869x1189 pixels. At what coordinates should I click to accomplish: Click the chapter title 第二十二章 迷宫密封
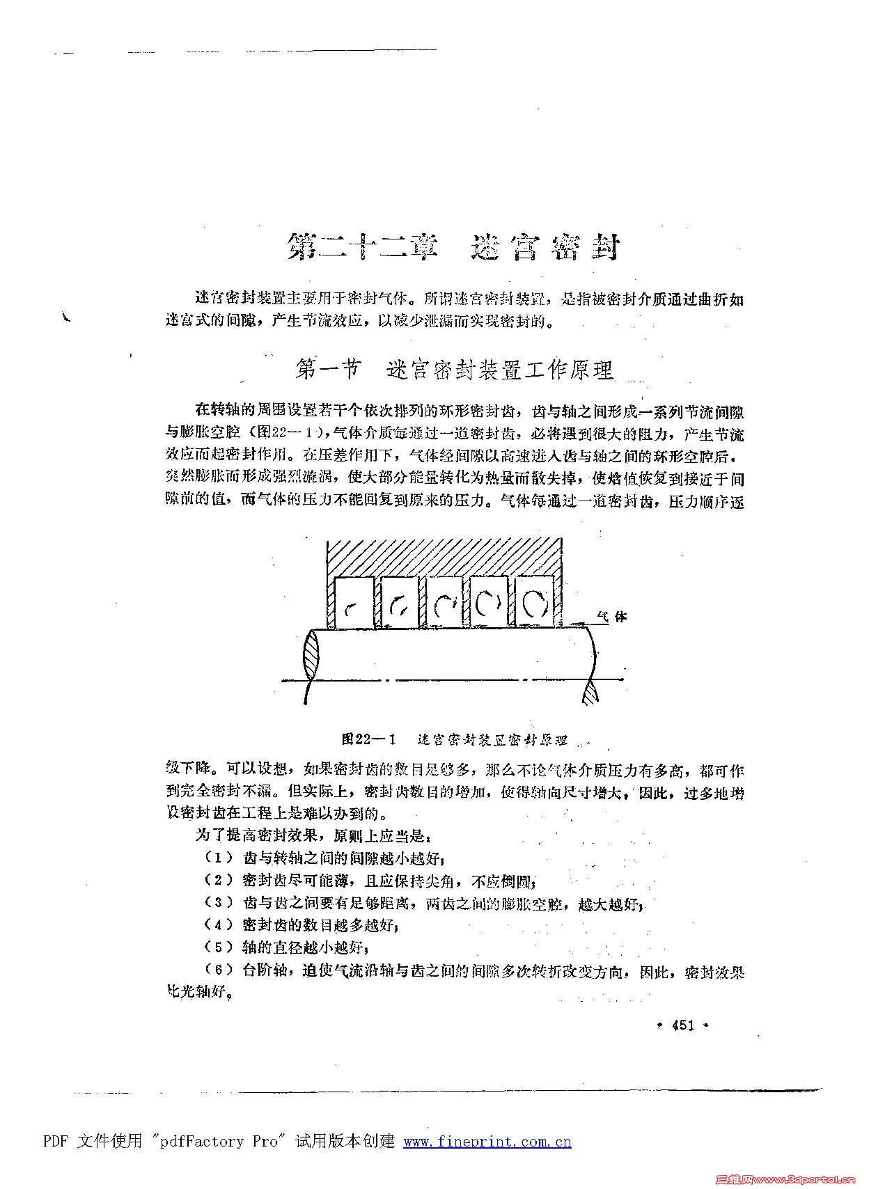[453, 247]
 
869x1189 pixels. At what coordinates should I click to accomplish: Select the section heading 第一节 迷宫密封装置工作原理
[454, 370]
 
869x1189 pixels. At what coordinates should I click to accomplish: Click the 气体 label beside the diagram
[612, 617]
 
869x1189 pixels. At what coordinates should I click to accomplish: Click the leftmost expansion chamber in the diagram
[354, 603]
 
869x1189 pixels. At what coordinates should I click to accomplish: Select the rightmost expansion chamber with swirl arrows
[534, 603]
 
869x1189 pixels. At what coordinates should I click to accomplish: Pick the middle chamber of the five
[444, 603]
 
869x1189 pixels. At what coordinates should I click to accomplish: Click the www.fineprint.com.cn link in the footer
[487, 1142]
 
